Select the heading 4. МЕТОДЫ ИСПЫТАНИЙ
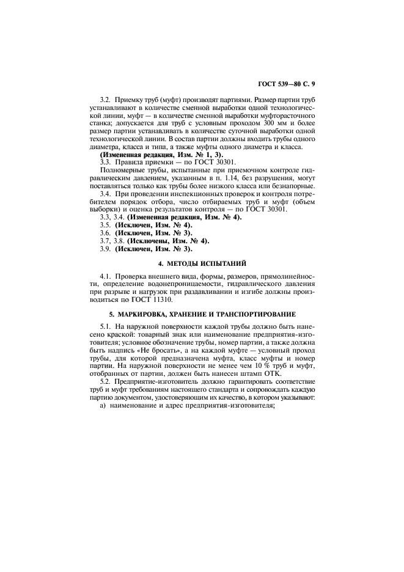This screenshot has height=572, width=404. [x=202, y=263]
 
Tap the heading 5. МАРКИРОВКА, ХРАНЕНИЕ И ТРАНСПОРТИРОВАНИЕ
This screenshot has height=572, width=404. [x=202, y=314]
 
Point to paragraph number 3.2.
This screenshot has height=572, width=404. [x=106, y=98]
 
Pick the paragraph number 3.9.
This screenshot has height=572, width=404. [x=106, y=249]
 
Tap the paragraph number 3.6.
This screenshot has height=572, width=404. [x=106, y=233]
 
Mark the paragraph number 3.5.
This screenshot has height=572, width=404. [x=106, y=226]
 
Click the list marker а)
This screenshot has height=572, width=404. [x=103, y=409]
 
